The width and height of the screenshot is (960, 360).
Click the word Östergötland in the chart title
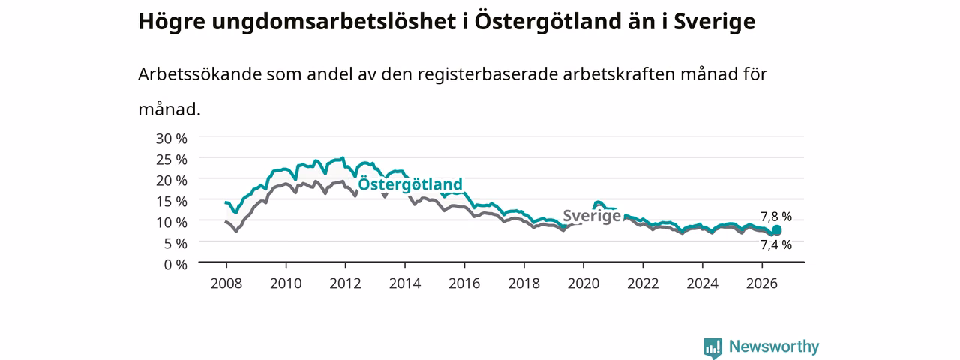(547, 22)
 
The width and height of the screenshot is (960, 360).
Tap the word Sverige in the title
(715, 22)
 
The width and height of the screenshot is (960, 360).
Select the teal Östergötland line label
(410, 184)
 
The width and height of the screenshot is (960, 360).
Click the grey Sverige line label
(592, 216)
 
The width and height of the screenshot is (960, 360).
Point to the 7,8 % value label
(776, 217)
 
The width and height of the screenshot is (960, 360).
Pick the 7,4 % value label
(776, 244)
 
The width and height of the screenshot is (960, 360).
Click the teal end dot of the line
(776, 230)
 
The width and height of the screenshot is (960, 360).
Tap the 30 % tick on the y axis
(172, 139)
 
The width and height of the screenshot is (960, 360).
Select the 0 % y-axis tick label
(175, 265)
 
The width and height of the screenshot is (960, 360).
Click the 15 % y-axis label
(172, 202)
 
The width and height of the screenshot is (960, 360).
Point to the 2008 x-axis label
(226, 283)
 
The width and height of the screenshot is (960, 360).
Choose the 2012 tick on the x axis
(346, 283)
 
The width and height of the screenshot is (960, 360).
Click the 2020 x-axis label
(583, 283)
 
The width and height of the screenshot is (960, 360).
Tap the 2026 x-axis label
(762, 283)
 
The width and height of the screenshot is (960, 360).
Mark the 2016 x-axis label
(464, 283)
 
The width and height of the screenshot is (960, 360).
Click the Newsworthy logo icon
(712, 347)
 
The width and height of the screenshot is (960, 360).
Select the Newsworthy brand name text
(774, 346)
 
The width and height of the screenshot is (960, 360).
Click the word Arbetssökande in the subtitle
(199, 74)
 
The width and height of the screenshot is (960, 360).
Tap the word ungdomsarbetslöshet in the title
(334, 22)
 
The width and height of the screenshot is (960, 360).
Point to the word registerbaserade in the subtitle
(487, 75)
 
